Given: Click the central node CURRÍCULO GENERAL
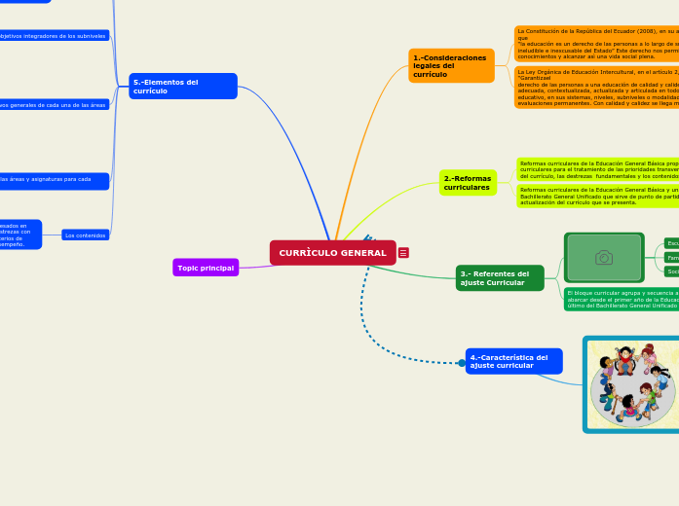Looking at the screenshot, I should (332, 253).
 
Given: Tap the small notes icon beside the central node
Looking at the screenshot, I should (403, 253).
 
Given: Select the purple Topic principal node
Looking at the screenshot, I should (206, 268).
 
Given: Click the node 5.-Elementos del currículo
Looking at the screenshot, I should (183, 86).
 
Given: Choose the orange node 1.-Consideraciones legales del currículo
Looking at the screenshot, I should (451, 66).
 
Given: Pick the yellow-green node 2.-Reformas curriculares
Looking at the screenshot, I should (468, 183).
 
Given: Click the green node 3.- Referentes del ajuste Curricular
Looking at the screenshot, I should (500, 278).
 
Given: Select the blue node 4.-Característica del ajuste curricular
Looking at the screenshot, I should (513, 361).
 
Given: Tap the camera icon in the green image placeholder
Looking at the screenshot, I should (604, 257).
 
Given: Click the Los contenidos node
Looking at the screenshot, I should (86, 235).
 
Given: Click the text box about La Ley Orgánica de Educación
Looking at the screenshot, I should (596, 88).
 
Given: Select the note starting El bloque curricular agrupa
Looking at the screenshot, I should (622, 299).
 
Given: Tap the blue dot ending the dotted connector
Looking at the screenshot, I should (462, 363).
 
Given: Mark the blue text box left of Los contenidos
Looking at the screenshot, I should (19, 235).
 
